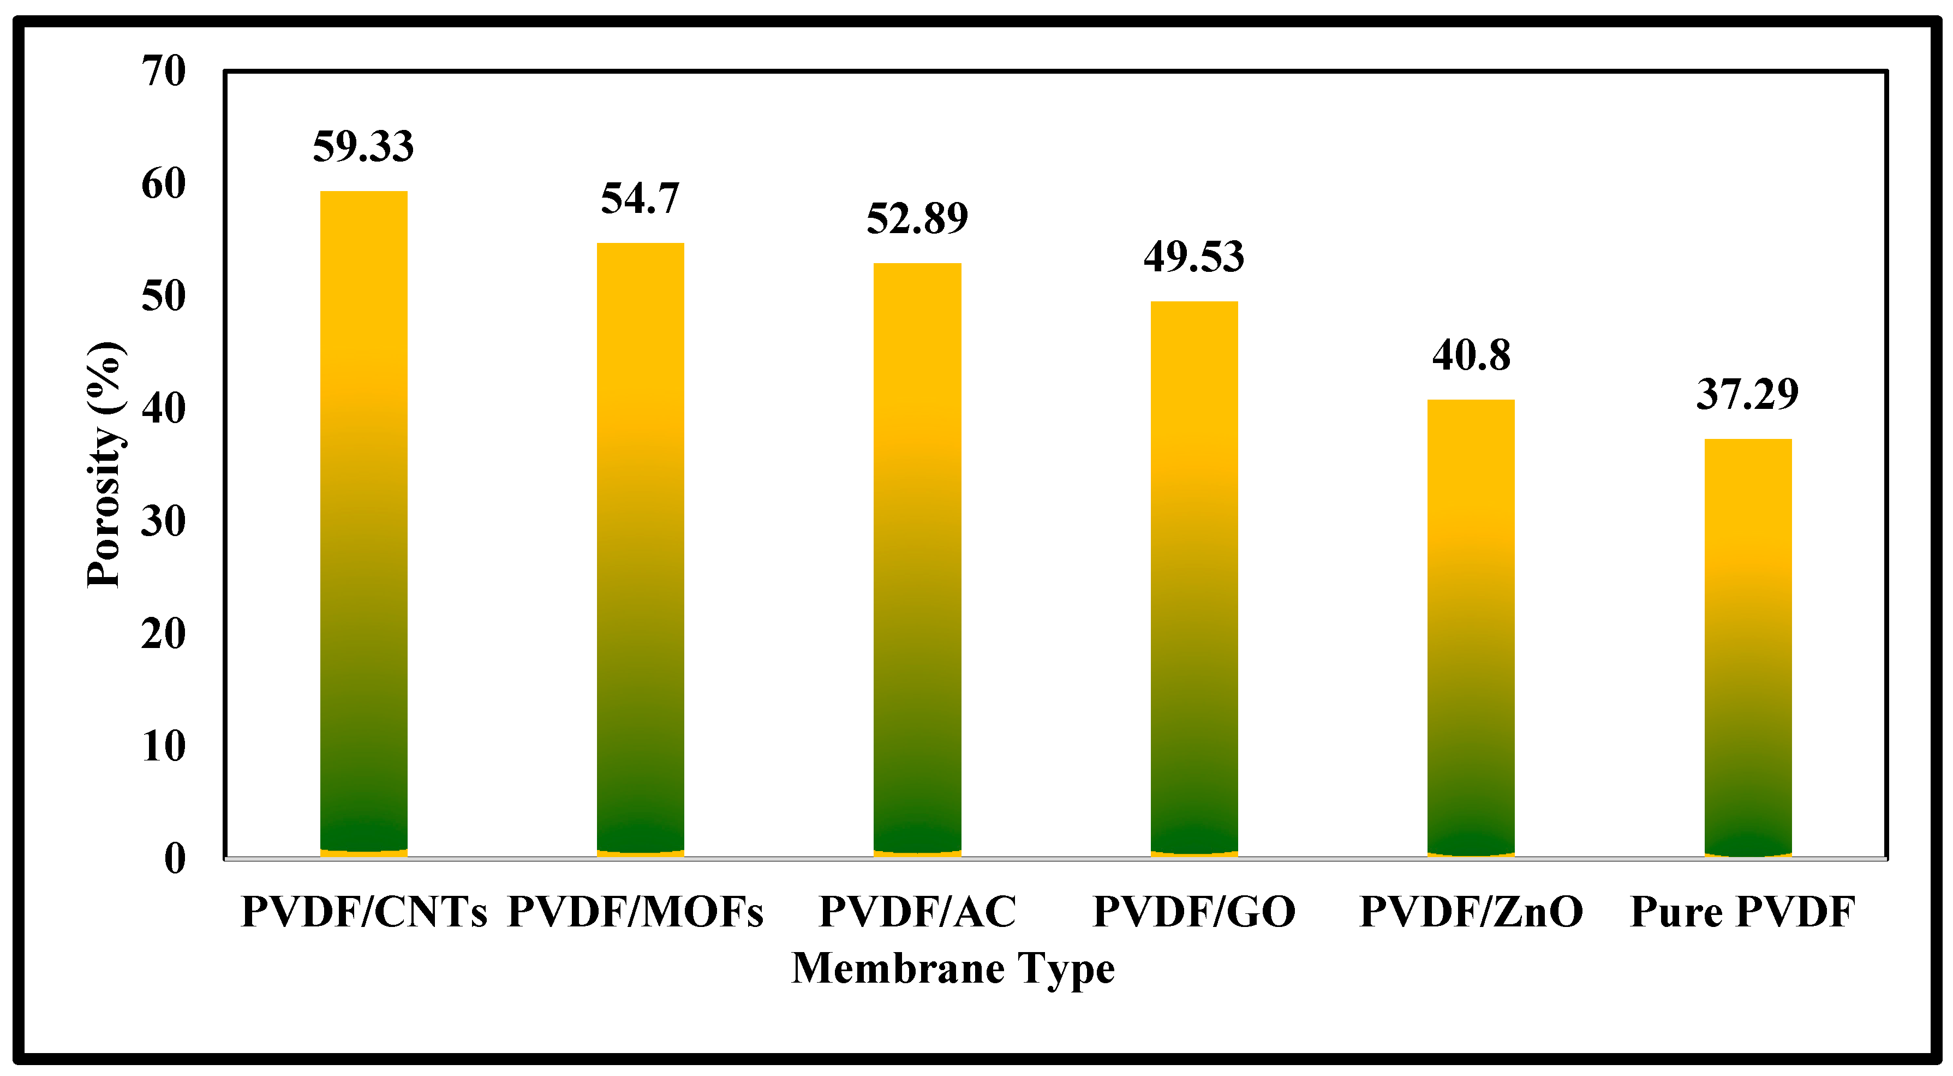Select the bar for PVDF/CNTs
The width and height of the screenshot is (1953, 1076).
364,523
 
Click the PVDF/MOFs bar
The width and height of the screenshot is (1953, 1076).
641,550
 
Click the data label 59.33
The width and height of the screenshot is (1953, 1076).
363,146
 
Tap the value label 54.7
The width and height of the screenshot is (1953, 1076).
640,198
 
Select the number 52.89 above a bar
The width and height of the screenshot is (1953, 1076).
917,218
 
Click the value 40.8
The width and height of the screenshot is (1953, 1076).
1471,355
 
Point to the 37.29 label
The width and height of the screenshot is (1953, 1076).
1747,394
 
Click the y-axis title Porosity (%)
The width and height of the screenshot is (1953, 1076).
105,464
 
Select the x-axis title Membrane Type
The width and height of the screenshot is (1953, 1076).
953,969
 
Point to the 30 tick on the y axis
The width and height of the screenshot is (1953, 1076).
163,522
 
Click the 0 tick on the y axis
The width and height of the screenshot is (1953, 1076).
175,859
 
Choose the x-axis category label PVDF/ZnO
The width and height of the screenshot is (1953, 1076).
1471,912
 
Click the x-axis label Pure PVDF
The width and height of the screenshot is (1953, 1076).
1742,912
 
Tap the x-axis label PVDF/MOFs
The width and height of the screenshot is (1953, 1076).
635,912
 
